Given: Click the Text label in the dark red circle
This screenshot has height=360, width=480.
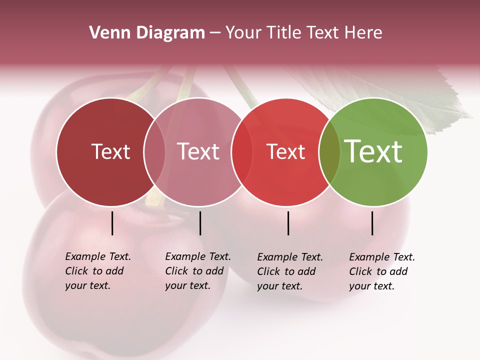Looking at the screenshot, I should click(110, 152).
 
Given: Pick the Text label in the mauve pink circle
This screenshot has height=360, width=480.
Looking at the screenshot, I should click(198, 152).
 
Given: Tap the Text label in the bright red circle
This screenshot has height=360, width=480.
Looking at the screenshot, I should click(286, 152).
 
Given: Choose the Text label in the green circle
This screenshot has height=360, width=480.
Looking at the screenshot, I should click(373, 152).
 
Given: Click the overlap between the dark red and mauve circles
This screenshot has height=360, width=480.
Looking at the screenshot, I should click(154, 152).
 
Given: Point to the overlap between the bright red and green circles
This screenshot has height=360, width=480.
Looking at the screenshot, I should click(329, 152).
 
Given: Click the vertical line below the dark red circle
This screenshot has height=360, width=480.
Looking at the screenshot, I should click(112, 223).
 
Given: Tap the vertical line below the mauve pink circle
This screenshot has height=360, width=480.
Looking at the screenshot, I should click(200, 223).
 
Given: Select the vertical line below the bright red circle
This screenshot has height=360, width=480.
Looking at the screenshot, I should click(288, 223).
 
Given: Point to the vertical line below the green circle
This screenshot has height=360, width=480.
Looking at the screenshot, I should click(372, 223).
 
